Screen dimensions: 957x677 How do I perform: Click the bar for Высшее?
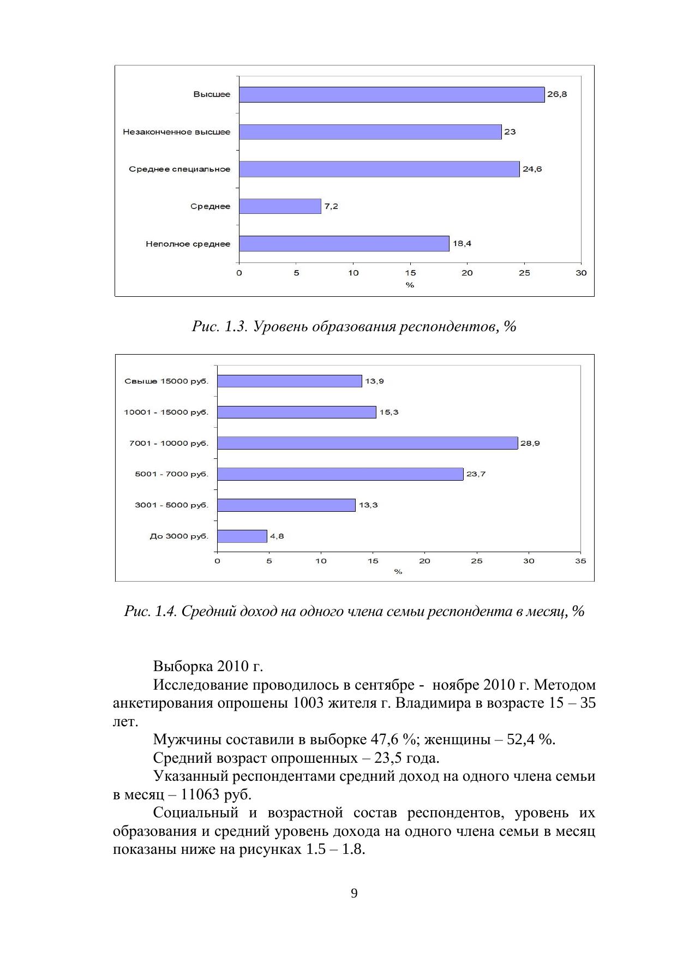pyautogui.click(x=392, y=94)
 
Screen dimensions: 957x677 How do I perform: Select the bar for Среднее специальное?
pyautogui.click(x=379, y=169)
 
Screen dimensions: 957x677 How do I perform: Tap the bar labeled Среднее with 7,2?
pyautogui.click(x=280, y=206)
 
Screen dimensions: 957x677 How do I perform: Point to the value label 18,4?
pyautogui.click(x=462, y=244)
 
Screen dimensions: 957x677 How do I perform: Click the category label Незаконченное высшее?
pyautogui.click(x=177, y=132)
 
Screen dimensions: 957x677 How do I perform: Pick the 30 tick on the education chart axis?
pyautogui.click(x=581, y=273)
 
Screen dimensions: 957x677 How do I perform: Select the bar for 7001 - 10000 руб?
pyautogui.click(x=367, y=443)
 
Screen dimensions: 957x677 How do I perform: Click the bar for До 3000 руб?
pyautogui.click(x=242, y=536)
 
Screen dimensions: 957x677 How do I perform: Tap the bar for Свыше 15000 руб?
pyautogui.click(x=290, y=381)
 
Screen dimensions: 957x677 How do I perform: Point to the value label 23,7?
pyautogui.click(x=476, y=474)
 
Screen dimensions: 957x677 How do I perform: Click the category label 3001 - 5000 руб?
pyautogui.click(x=172, y=505)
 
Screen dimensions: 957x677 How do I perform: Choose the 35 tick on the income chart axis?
pyautogui.click(x=580, y=561)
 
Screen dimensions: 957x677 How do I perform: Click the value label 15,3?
pyautogui.click(x=389, y=412)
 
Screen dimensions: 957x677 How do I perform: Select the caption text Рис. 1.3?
pyautogui.click(x=220, y=327)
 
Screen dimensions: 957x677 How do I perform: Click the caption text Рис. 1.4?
pyautogui.click(x=151, y=611)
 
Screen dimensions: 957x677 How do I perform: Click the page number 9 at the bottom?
pyautogui.click(x=354, y=893)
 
